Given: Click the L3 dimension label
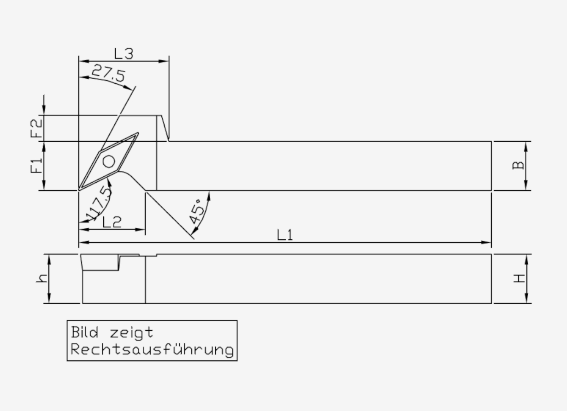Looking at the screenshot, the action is pos(124,53).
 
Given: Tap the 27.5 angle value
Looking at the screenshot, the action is pos(109,73).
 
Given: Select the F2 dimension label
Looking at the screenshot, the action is pos(36,128).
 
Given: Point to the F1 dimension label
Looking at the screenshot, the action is pos(36,165).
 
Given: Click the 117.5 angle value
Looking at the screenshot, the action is pos(99,203).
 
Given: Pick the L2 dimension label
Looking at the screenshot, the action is pos(112,222).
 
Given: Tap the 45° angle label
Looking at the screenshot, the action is pos(197,212).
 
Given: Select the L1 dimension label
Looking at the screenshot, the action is pos(285,235).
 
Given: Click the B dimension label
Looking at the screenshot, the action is pos(518,165).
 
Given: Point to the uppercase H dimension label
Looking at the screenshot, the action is pos(519,278).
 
